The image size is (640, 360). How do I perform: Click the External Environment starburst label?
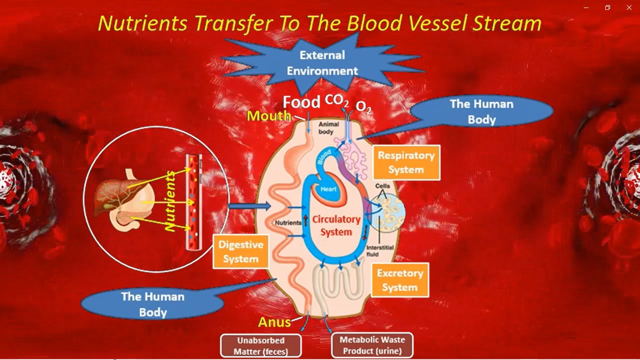322,63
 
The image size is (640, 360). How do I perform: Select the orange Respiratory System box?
406,163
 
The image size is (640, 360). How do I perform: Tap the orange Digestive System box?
241,252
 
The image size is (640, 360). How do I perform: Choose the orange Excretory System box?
400,280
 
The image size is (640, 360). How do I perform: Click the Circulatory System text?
336,225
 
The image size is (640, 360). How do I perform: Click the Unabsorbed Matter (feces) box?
261,346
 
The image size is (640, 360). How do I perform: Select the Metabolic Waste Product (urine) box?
372,345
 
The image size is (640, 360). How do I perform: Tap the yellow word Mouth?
269,116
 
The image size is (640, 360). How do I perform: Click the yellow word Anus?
274,322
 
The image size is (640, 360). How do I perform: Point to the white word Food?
301,102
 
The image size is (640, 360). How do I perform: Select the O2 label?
364,107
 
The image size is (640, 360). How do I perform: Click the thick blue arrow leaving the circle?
250,206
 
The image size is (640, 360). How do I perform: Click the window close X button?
629,7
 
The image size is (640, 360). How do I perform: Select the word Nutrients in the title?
142,23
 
